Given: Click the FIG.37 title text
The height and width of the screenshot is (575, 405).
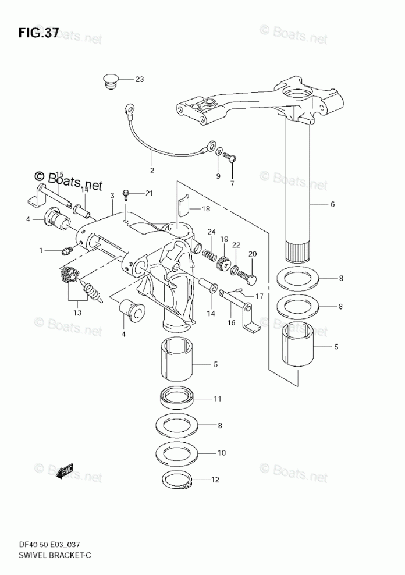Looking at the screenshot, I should [38, 33].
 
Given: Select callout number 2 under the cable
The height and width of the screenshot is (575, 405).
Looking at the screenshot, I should [152, 171].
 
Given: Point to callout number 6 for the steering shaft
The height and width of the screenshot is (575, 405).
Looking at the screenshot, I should [332, 204].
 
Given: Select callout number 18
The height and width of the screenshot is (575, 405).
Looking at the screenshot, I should [206, 209].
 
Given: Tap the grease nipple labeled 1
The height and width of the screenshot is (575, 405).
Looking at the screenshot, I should [67, 251].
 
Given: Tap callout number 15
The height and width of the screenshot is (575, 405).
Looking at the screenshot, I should [59, 174].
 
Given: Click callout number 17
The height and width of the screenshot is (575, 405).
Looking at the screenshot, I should [259, 296].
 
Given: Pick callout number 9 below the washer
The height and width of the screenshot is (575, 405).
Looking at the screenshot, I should [218, 176].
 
